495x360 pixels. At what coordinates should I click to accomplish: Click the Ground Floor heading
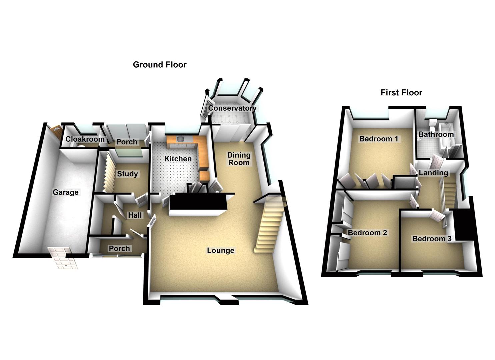point(159,65)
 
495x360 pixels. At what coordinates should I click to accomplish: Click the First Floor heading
point(401,93)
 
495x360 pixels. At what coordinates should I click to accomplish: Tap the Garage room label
point(66,192)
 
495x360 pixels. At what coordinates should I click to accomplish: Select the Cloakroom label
point(85,139)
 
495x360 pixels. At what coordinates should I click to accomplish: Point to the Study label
point(127,174)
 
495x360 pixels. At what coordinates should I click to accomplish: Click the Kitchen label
point(178,159)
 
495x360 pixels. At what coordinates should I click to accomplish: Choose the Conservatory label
point(232,108)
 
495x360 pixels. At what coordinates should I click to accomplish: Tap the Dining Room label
point(239,159)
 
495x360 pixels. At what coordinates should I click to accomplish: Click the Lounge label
point(220,250)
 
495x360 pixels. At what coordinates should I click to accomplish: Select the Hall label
point(135,215)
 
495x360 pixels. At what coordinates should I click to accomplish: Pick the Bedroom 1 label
point(379,139)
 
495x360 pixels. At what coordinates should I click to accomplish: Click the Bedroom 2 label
point(367,233)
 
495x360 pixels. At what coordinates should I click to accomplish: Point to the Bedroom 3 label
point(432,239)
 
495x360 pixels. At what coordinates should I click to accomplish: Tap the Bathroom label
point(436,134)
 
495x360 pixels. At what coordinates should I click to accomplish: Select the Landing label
point(433,173)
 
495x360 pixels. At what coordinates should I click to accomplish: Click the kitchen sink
point(181,138)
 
